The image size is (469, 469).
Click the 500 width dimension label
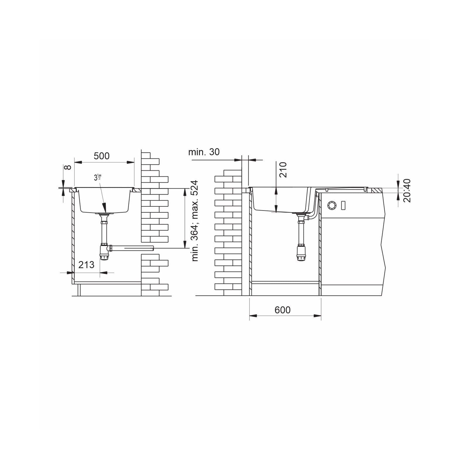pos(101,156)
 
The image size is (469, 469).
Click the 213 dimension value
pos(86,265)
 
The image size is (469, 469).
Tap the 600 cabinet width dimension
pos(283,310)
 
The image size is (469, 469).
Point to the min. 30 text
pos(204,152)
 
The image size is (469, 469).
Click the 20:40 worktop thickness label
pos(407,191)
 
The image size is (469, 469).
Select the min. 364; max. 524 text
pos(195,221)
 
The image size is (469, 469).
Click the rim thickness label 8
pos(68,167)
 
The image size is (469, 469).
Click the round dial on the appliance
pos(332,205)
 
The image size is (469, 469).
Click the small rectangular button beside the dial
pos(343,205)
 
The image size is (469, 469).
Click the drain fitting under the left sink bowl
pos(104,215)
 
